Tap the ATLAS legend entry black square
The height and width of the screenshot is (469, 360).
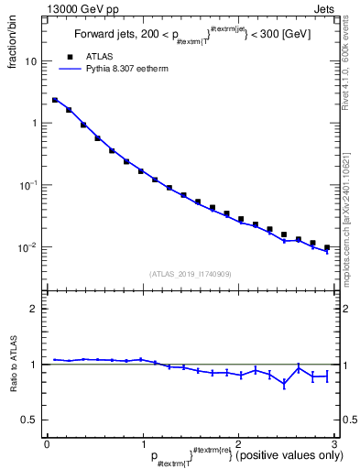(70, 57)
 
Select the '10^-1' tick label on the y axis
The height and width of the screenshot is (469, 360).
(29, 185)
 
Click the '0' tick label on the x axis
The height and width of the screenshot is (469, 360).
(47, 443)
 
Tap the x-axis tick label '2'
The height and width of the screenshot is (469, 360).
(238, 443)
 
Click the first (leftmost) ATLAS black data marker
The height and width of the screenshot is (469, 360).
(55, 100)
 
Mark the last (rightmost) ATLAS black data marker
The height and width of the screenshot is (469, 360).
(326, 247)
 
